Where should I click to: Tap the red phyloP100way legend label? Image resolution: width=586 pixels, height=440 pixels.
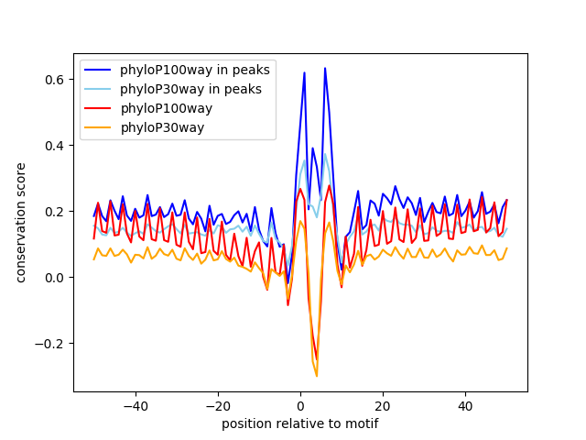pos(166,108)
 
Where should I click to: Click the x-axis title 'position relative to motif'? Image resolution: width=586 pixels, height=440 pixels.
pos(300,423)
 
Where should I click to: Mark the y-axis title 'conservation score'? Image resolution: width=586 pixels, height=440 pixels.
pos(21,222)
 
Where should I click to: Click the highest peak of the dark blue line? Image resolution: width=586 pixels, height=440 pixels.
pos(324,68)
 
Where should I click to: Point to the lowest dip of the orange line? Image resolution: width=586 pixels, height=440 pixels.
pos(317,376)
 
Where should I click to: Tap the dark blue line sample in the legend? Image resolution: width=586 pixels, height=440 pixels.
pos(99,70)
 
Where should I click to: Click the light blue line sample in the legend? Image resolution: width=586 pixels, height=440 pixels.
pos(99,89)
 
